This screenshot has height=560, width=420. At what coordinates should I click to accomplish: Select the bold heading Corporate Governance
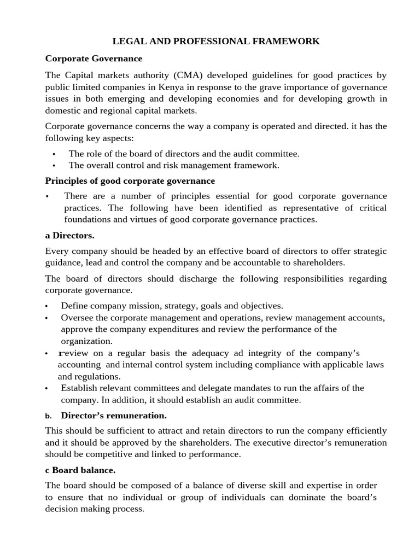click(94, 59)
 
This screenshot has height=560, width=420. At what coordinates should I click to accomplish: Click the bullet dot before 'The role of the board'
click(54, 154)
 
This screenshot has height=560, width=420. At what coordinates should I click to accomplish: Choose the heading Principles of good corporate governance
click(130, 181)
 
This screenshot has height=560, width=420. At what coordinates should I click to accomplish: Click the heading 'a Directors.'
click(70, 236)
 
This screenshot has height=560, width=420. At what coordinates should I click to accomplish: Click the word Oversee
click(77, 318)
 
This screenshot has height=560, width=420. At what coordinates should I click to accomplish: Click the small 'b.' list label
click(48, 416)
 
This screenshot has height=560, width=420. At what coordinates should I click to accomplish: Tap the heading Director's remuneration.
click(114, 415)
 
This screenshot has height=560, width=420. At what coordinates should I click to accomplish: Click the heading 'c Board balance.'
click(80, 470)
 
